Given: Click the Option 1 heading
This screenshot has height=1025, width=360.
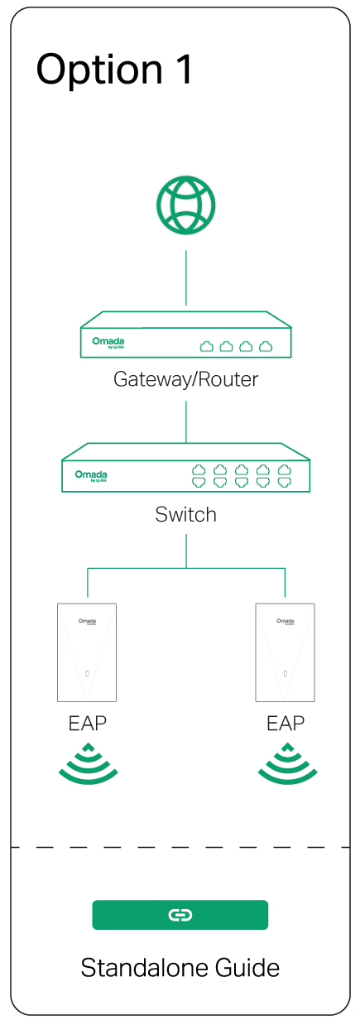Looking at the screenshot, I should tap(115, 70).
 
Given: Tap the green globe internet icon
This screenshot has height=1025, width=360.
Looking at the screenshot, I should tap(186, 204).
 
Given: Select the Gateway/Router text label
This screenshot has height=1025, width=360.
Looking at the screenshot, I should tap(186, 380).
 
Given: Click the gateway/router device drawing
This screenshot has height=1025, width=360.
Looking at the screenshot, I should tap(186, 335).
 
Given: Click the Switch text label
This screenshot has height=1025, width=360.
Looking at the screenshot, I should tap(186, 515).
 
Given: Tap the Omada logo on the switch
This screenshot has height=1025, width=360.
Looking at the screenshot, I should tap(91, 475).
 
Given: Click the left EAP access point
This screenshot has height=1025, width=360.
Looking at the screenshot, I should tap(87, 652).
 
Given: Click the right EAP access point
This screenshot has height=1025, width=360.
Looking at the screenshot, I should tap(286, 652).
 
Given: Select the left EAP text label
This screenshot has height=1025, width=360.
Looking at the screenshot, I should tap(87, 723).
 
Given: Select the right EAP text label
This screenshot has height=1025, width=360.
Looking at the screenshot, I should tap(286, 723).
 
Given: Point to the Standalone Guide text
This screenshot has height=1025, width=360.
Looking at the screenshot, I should tap(180, 967).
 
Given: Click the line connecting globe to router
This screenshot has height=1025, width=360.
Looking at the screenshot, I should tap(186, 277).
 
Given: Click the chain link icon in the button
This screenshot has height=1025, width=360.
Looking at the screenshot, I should tap(180, 915).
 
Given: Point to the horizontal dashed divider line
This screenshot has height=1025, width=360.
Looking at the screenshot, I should tap(180, 847).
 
